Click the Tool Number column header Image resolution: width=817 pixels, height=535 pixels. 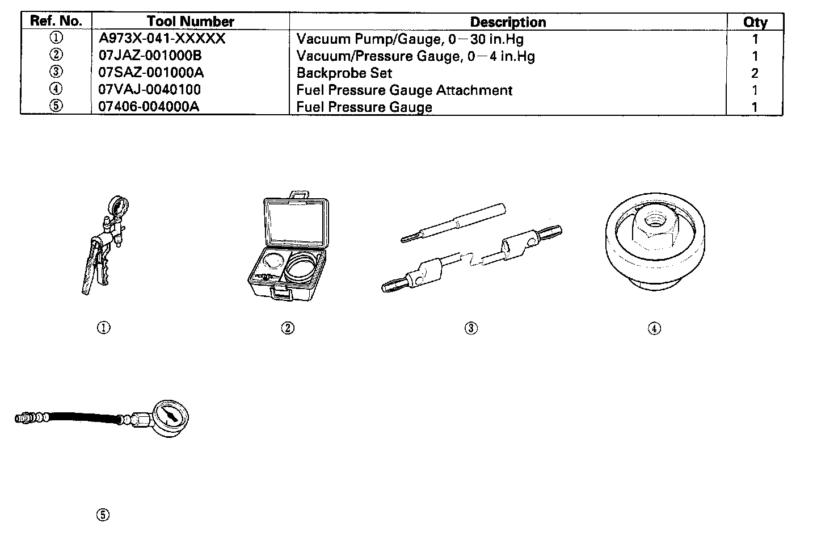point(190,22)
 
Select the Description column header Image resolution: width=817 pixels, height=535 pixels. point(508,22)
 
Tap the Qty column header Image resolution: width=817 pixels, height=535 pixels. point(755,22)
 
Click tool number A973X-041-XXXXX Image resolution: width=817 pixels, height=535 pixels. point(162,39)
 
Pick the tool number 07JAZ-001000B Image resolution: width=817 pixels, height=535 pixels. point(150,56)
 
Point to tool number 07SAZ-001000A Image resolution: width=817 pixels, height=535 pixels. point(151,73)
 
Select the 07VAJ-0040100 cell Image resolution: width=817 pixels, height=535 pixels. point(149,90)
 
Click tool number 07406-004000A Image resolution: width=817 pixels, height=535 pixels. point(149,107)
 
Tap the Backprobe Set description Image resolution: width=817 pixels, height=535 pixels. point(344,73)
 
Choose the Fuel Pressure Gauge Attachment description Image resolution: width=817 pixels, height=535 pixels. point(404,90)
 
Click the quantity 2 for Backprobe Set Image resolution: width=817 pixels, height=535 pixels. point(755,73)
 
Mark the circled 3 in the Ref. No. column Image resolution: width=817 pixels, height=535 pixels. point(56,72)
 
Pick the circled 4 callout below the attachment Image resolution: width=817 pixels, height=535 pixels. point(654,328)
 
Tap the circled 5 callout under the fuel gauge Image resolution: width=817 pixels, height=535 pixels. point(103,515)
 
